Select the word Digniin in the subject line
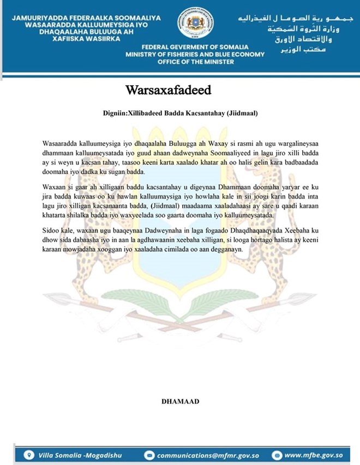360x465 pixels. (x=113, y=114)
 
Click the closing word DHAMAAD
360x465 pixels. (x=180, y=401)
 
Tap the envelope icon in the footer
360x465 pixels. (x=149, y=455)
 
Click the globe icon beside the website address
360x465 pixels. (x=277, y=455)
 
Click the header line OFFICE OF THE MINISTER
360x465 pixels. (x=195, y=62)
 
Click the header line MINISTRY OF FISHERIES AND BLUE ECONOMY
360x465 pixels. (x=195, y=55)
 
